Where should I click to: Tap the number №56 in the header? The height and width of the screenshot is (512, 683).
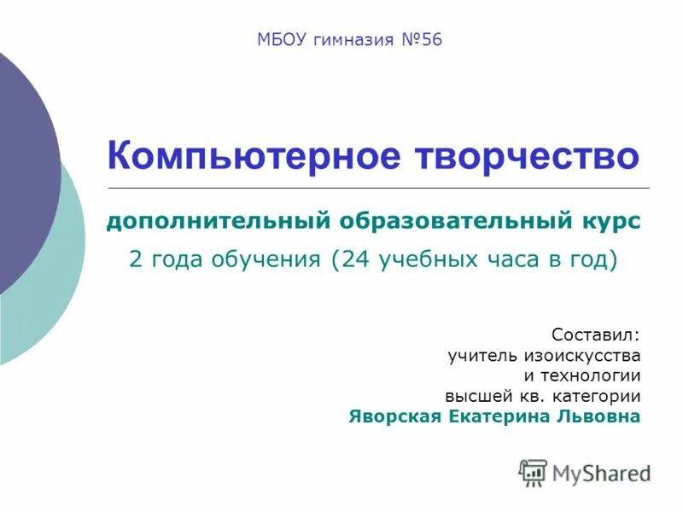click(x=420, y=40)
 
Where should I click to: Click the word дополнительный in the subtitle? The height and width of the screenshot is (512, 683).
click(x=218, y=222)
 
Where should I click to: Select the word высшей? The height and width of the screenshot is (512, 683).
click(x=474, y=397)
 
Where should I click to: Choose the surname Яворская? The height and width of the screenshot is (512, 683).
click(x=394, y=417)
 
